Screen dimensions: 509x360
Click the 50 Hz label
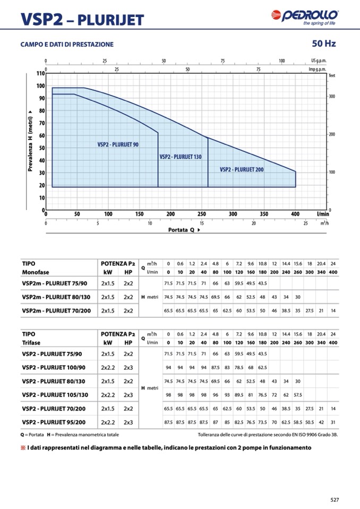tap(324, 43)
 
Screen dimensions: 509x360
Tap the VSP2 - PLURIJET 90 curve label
tap(118, 144)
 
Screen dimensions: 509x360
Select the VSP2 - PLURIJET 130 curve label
tap(180, 157)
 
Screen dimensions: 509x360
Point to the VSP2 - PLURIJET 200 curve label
tap(242, 169)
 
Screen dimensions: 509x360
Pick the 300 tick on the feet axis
tap(332, 97)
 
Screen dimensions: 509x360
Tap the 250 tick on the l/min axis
tap(202, 214)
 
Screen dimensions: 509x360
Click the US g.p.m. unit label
tap(319, 61)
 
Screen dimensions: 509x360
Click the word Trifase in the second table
tap(32, 343)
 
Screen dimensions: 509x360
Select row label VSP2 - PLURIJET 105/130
tap(54, 395)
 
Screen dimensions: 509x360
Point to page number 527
tap(334, 499)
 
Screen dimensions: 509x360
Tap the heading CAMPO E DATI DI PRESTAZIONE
tap(67, 44)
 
